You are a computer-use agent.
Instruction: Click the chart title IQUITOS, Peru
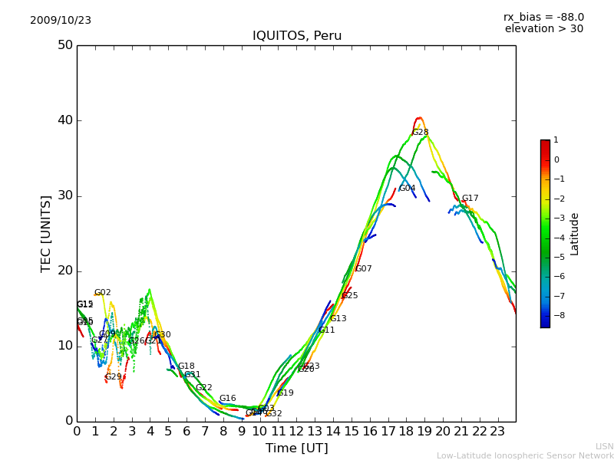[x=297, y=36]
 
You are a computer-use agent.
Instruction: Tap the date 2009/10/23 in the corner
[x=61, y=21]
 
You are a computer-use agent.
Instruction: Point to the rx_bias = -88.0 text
[x=543, y=17]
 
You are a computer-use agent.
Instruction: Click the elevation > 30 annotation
[x=543, y=29]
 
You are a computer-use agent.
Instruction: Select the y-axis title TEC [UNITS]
[x=46, y=233]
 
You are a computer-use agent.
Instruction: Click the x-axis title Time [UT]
[x=297, y=449]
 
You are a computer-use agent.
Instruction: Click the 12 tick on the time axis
[x=296, y=432]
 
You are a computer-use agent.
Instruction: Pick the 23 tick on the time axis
[x=497, y=432]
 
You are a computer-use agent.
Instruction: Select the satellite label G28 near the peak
[x=421, y=133]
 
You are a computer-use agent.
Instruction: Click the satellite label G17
[x=470, y=199]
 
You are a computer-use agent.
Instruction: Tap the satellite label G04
[x=407, y=189]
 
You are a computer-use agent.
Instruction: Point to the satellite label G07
[x=363, y=269]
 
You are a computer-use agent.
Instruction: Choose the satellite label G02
[x=103, y=293]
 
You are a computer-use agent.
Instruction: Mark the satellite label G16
[x=227, y=399]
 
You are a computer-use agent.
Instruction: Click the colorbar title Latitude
[x=575, y=234]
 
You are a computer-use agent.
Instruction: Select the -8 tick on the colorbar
[x=556, y=314]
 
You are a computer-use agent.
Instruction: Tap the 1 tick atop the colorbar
[x=556, y=140]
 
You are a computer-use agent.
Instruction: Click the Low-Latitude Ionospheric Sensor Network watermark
[x=525, y=456]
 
